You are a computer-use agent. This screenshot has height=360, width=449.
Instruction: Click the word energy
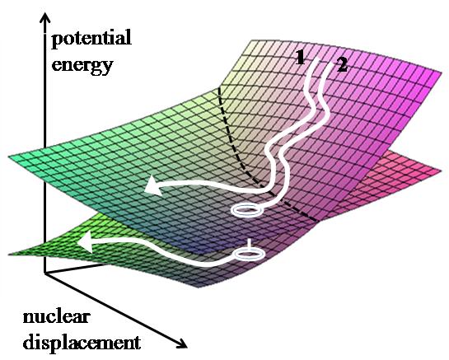82,66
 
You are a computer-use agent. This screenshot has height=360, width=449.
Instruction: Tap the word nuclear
57,317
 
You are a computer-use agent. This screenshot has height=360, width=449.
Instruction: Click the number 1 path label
300,58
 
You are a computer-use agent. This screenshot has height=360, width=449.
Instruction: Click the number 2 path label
342,65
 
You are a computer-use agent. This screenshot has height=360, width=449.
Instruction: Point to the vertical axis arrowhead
44,18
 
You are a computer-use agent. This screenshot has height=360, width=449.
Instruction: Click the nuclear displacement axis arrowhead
181,343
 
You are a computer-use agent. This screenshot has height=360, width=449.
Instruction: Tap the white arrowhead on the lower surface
85,243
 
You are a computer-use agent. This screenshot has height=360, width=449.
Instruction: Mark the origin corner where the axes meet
44,273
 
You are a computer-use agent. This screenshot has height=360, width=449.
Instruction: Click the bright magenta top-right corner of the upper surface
441,72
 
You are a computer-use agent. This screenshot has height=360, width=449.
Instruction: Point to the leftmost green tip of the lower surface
9,254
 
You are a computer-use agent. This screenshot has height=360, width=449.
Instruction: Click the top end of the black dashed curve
219,89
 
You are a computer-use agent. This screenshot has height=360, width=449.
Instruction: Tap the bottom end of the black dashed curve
316,220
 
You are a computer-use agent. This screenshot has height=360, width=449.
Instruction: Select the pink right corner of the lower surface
440,171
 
